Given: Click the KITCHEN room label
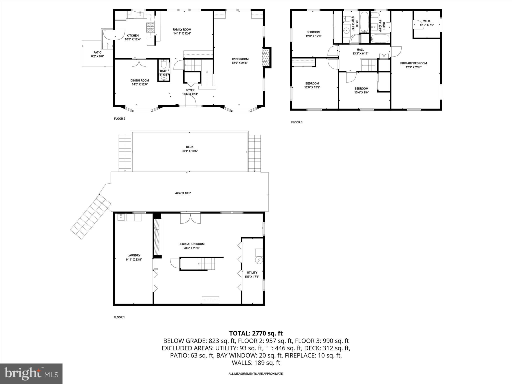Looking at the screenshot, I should [132, 35].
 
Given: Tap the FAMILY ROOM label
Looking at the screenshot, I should [182, 29].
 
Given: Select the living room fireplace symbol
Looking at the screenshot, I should [266, 57].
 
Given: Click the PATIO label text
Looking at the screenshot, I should [97, 52].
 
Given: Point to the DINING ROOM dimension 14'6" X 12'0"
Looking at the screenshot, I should [140, 84].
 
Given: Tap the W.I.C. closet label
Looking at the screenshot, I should [427, 21].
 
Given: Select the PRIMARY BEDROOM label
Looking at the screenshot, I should [413, 63].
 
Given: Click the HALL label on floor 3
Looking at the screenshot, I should [360, 49].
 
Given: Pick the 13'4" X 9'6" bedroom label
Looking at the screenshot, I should [361, 88].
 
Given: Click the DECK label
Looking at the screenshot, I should [189, 147].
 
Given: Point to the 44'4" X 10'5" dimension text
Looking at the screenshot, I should [183, 193].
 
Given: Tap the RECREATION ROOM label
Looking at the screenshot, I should [191, 244].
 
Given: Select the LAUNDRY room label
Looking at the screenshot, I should [134, 255].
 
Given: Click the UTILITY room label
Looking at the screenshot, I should [252, 272].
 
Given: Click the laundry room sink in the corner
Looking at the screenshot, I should [121, 217].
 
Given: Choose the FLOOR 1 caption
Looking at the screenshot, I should [119, 317].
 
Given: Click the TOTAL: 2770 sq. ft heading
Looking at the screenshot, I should [256, 333].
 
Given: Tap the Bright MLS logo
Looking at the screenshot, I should [31, 373].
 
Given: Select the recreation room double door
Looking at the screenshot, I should [190, 218].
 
